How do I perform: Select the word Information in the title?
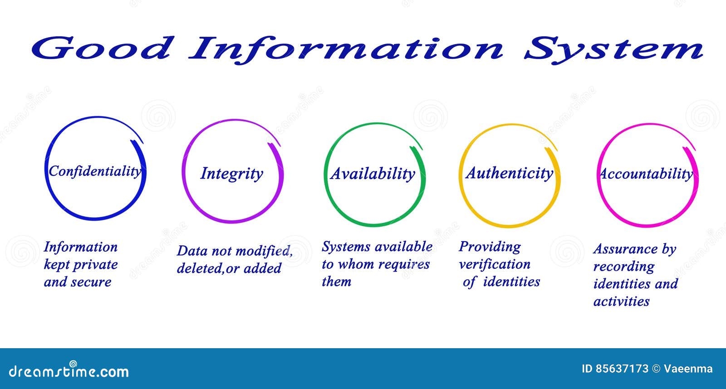[346, 48]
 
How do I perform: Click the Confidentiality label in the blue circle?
[95, 171]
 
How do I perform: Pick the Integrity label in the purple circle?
[231, 174]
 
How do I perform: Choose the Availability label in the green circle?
[373, 174]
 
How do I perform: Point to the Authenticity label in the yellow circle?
[510, 173]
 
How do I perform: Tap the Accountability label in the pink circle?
[646, 174]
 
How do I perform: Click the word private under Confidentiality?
[95, 265]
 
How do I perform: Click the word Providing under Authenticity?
[490, 247]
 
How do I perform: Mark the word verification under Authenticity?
[494, 264]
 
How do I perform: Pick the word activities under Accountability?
[621, 301]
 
